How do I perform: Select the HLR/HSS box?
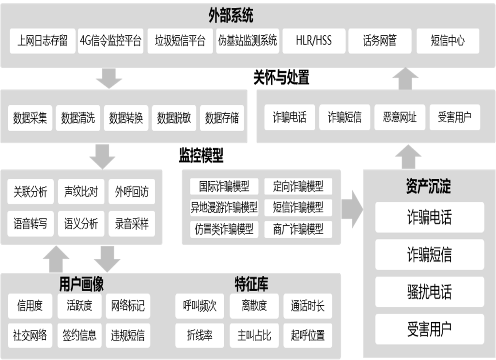point(314,41)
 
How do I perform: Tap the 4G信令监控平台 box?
point(111,41)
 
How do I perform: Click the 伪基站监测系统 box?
point(248,41)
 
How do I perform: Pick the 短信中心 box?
point(448,41)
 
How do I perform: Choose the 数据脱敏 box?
point(174,118)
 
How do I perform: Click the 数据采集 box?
point(30,118)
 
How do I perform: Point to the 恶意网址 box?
point(399,117)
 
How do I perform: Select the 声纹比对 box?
point(81,192)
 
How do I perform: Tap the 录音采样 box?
point(132,224)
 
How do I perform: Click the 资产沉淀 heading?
point(429,188)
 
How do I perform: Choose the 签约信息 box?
point(79,335)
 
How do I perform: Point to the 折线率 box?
point(200,335)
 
